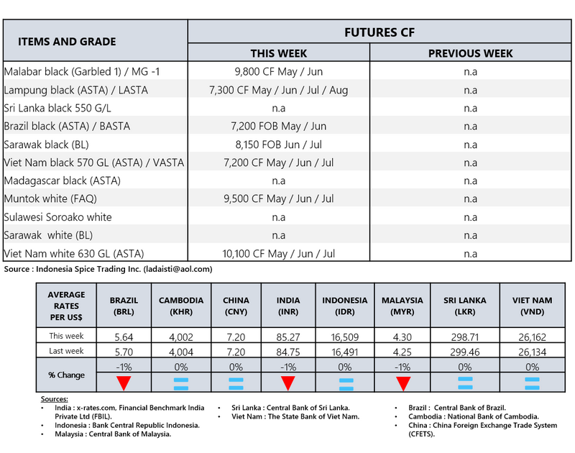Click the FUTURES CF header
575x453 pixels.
[379, 32]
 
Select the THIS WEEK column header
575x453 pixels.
[278, 53]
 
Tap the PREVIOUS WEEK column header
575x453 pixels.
[470, 53]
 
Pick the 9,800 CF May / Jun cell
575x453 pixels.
[278, 71]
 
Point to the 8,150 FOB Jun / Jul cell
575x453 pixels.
[278, 145]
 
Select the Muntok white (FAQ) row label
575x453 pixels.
[50, 199]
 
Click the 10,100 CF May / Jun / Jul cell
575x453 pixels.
[278, 254]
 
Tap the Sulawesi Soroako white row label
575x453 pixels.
[57, 217]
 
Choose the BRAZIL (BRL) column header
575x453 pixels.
[124, 305]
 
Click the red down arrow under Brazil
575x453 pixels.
[124, 383]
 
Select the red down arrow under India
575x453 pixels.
[287, 383]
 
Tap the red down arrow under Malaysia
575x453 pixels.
[402, 383]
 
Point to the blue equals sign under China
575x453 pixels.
[236, 383]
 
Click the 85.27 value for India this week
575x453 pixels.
[287, 336]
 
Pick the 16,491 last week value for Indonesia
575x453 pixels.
[345, 352]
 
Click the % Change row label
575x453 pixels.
[66, 375]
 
